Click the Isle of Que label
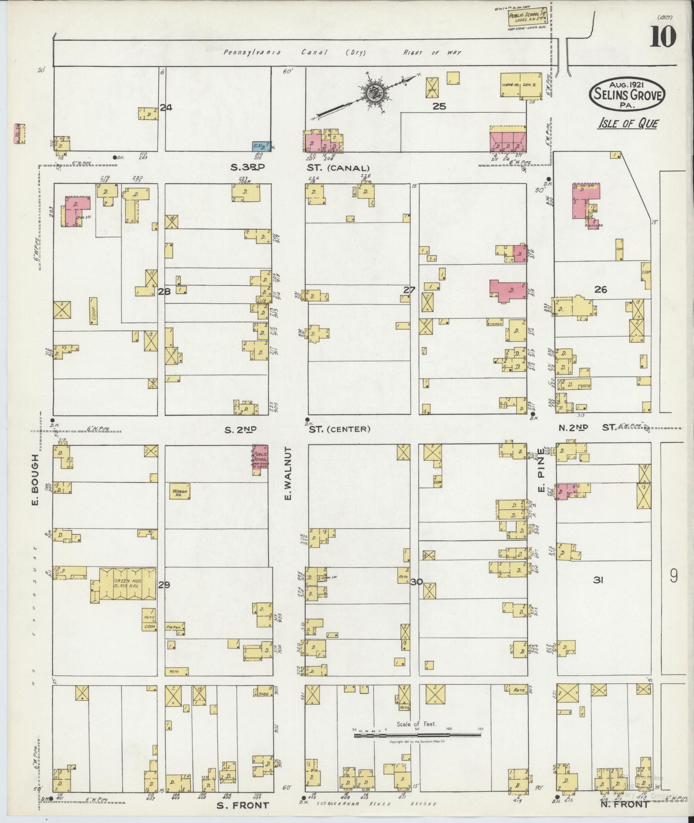point(627,124)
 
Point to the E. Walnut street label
point(288,473)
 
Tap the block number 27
point(409,290)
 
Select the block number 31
point(598,580)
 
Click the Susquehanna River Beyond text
point(376,804)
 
